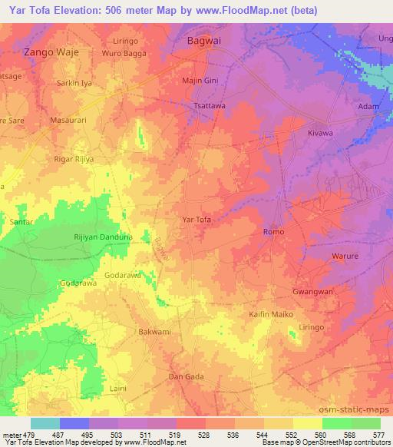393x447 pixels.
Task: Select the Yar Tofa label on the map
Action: tap(196, 220)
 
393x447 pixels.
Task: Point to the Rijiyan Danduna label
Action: tap(103, 238)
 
